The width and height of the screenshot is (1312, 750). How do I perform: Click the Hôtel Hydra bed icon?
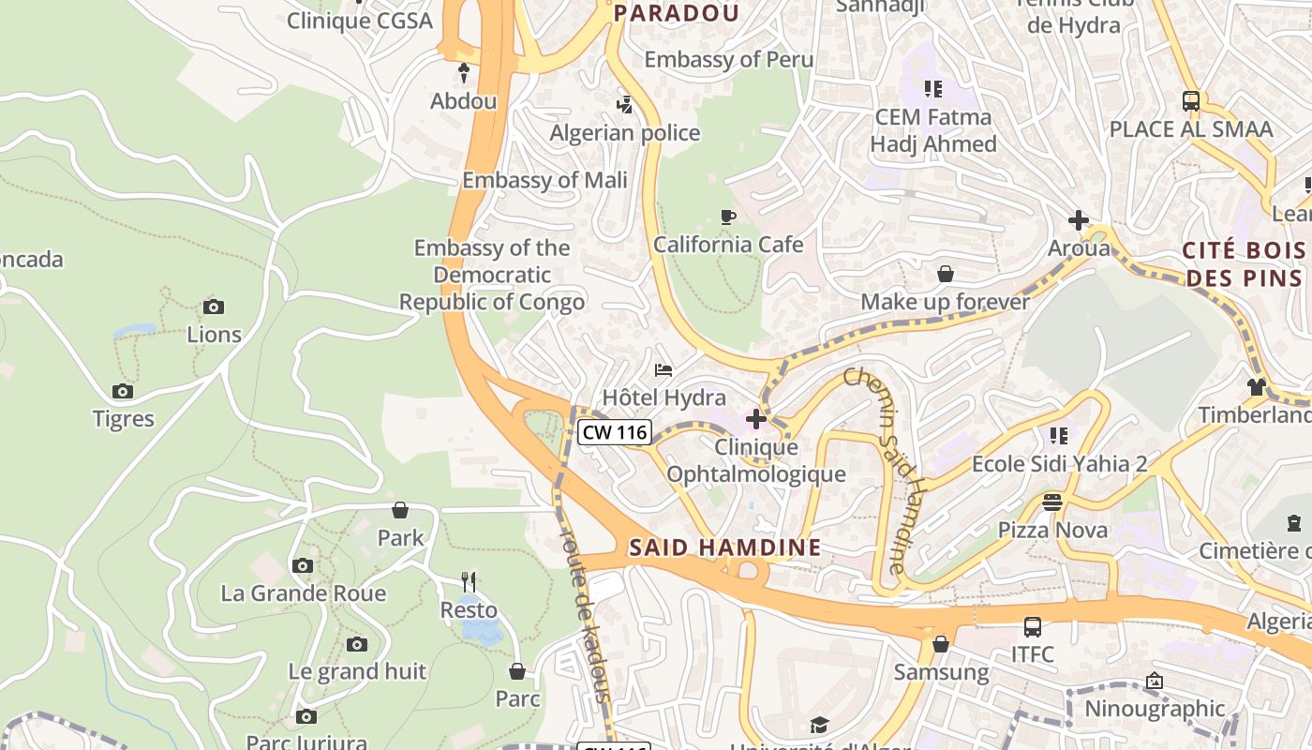(663, 369)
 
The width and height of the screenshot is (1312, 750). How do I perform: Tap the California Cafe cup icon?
(728, 217)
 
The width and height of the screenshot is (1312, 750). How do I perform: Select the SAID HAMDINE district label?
(724, 547)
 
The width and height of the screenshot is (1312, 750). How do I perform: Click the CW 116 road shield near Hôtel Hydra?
(614, 432)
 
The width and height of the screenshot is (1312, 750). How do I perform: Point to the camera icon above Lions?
(214, 307)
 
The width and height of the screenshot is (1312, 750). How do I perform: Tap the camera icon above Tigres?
(123, 391)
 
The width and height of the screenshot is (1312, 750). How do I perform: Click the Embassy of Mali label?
(544, 180)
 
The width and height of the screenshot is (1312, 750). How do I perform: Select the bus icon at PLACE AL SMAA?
(1191, 101)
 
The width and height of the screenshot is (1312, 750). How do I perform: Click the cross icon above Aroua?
(1079, 221)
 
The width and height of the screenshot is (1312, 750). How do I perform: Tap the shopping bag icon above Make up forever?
(946, 274)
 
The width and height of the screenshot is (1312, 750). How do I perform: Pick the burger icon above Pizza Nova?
(1052, 502)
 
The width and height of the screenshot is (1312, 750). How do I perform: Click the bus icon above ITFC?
(1033, 626)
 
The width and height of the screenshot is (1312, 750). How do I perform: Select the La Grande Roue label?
(303, 593)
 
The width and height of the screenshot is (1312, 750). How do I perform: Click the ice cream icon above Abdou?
(463, 72)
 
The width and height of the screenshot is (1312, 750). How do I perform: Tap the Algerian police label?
(624, 133)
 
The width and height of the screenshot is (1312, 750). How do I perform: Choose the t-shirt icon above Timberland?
(1257, 386)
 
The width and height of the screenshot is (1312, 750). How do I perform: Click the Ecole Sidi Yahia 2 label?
(1059, 464)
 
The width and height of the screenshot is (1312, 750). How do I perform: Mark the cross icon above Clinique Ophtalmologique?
(755, 418)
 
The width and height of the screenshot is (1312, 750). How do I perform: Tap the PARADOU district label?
(676, 13)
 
